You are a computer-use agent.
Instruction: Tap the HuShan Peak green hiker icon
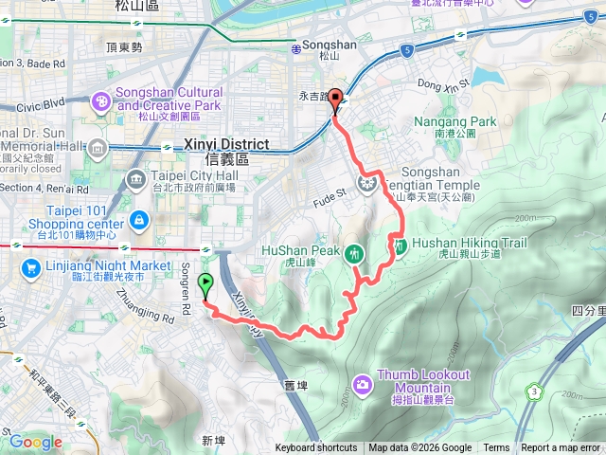click(354, 252)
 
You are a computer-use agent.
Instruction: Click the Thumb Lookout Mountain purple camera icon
click(362, 384)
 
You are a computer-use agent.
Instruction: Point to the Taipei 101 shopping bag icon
click(139, 221)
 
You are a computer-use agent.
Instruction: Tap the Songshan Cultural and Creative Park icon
click(101, 100)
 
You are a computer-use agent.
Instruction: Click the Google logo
click(36, 442)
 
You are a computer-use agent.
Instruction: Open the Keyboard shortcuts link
click(316, 448)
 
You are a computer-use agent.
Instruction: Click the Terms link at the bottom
click(496, 448)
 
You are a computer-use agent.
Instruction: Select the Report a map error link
click(561, 448)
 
